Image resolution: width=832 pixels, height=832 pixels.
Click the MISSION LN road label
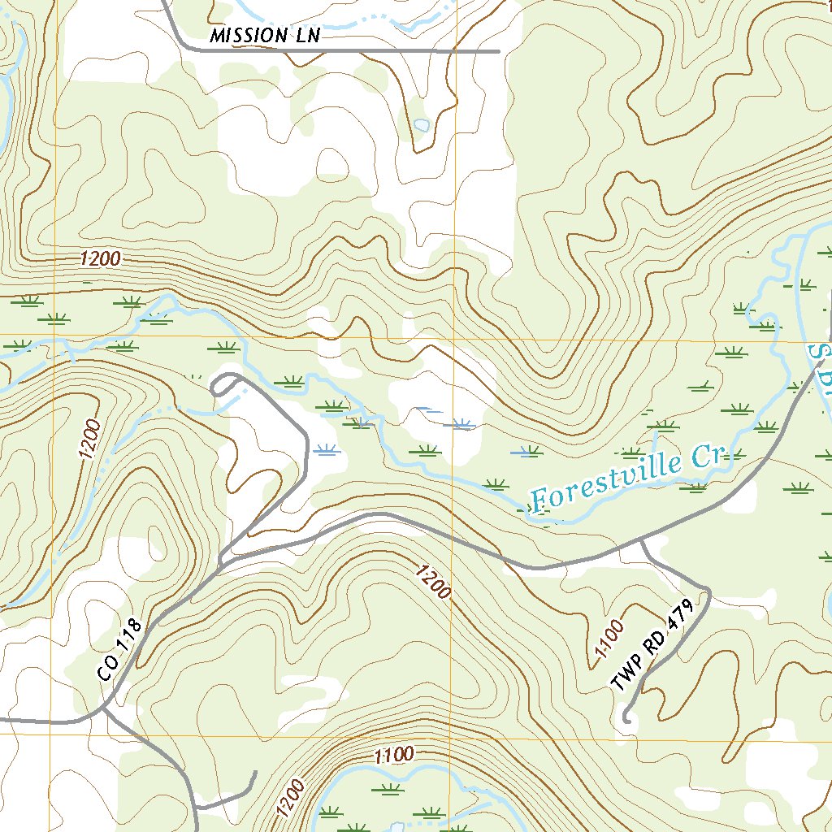(x=265, y=36)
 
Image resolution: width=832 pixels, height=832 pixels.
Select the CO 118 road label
(x=119, y=650)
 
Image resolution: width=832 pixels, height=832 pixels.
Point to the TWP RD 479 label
(x=655, y=646)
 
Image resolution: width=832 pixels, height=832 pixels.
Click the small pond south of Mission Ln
(x=421, y=125)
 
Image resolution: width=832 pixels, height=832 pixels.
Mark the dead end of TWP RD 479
(x=626, y=718)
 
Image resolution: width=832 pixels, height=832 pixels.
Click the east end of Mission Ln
(x=497, y=51)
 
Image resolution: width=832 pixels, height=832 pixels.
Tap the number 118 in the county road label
(x=130, y=639)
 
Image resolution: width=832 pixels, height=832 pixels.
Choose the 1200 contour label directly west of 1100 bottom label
(x=291, y=798)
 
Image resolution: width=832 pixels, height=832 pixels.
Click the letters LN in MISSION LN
(x=305, y=35)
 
